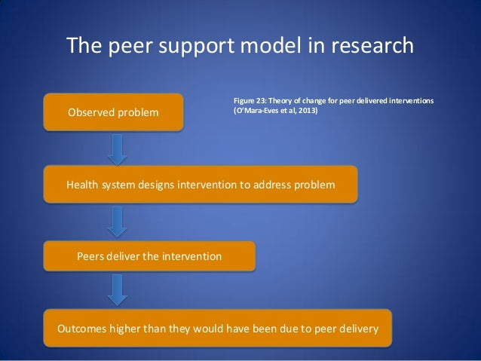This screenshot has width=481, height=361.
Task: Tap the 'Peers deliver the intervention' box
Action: pyautogui.click(x=149, y=256)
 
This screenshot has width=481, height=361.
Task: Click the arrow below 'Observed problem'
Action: pyautogui.click(x=117, y=149)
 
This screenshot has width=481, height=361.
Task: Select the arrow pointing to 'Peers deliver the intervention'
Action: pyautogui.click(x=117, y=221)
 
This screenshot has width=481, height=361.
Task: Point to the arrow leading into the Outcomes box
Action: pyautogui.click(x=117, y=292)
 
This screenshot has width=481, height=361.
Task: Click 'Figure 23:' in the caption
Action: pyautogui.click(x=252, y=101)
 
